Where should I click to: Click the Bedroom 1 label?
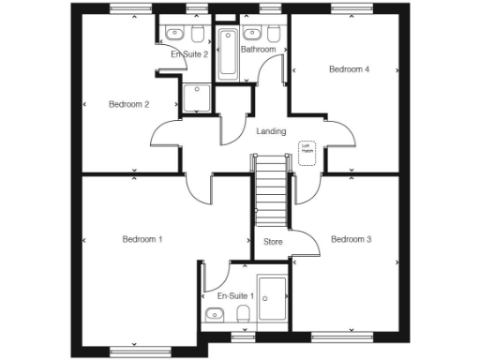click(142, 240)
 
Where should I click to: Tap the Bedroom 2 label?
click(129, 104)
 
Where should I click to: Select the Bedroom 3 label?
click(351, 240)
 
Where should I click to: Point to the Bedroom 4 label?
click(349, 69)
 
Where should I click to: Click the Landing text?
click(271, 131)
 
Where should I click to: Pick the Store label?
click(273, 242)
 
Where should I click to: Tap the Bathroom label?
click(258, 49)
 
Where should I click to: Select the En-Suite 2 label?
click(188, 54)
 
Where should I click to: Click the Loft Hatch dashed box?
click(307, 153)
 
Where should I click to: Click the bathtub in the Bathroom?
click(227, 54)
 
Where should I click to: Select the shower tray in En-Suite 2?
click(197, 97)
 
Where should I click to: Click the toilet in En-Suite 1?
click(242, 314)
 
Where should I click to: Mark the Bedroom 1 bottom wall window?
click(138, 352)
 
